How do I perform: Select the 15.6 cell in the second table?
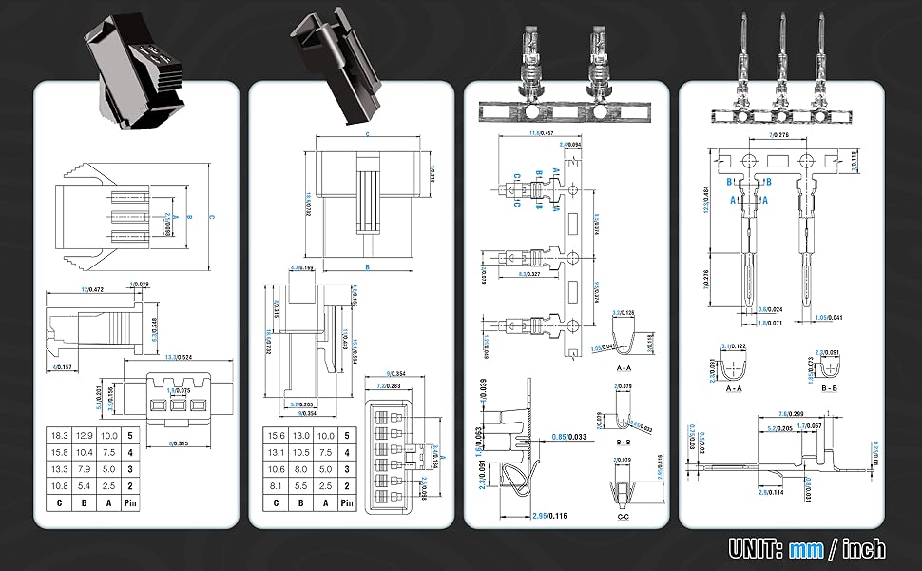pos(277,434)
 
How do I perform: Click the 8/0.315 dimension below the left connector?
pos(177,443)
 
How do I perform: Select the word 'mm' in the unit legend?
pos(806,548)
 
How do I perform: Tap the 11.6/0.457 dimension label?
pos(541,133)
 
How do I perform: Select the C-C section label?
pos(624,517)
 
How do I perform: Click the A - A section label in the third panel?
pos(624,366)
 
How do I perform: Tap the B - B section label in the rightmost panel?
pos(828,388)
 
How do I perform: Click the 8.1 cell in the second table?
pos(277,485)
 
